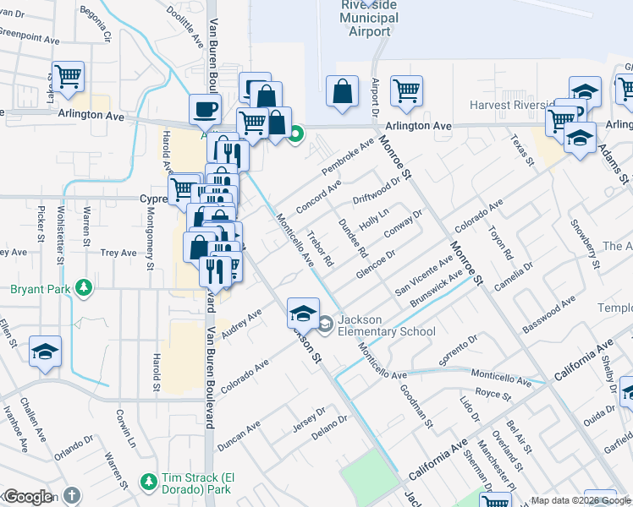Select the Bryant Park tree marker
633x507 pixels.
(83, 288)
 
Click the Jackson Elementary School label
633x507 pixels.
(387, 325)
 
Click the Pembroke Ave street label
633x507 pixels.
(347, 157)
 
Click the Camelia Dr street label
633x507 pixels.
(514, 279)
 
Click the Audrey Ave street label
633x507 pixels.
(241, 325)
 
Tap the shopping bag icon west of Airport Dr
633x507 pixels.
(341, 94)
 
